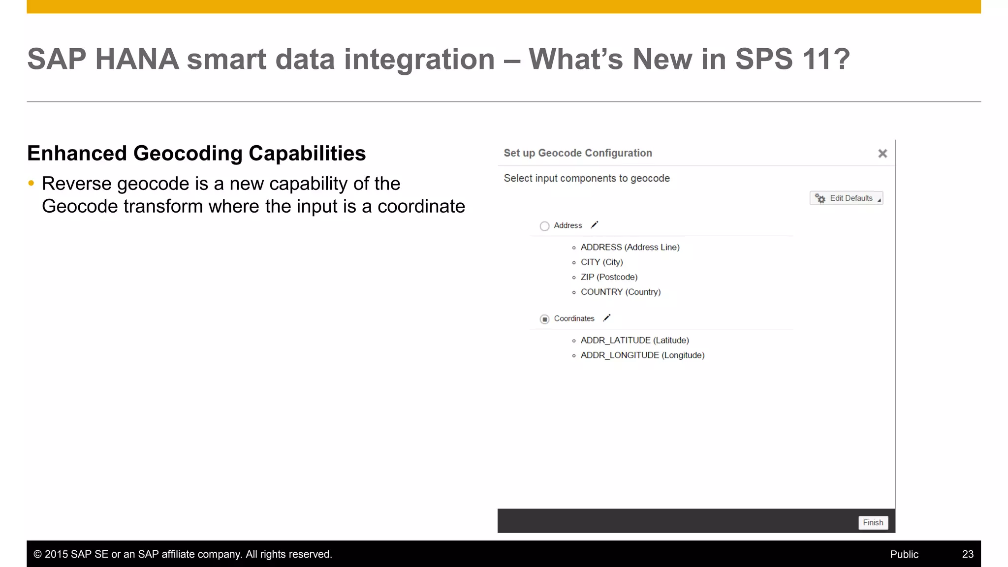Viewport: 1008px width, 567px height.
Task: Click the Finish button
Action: point(873,522)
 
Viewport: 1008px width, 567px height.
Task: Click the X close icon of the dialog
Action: point(882,154)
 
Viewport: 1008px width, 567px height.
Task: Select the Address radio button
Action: point(544,226)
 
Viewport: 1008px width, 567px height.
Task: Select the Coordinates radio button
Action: point(544,319)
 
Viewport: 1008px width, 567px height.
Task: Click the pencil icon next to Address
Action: point(595,225)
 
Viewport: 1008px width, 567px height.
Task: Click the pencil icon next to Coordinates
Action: point(607,318)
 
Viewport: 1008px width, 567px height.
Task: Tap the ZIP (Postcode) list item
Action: point(609,277)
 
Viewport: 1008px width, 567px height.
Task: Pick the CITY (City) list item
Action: point(601,262)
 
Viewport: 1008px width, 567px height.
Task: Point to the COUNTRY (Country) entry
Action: point(620,292)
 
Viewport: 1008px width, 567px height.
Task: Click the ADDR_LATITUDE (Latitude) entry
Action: point(634,340)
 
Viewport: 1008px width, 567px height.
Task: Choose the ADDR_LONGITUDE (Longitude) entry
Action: point(642,355)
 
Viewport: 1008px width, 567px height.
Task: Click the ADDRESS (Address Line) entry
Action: point(630,247)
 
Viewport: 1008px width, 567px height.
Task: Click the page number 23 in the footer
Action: point(967,554)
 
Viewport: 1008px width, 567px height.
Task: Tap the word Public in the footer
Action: point(904,554)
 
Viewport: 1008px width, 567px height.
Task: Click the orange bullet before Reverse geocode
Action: point(31,184)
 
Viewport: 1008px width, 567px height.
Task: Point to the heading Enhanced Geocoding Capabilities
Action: point(196,153)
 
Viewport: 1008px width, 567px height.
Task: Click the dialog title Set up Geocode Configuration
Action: point(577,153)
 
